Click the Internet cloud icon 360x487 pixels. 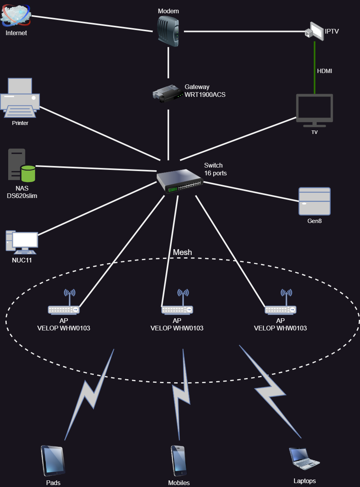click(x=15, y=15)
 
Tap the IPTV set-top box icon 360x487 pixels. click(x=315, y=31)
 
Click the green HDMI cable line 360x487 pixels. click(x=315, y=68)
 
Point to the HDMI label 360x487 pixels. click(x=324, y=71)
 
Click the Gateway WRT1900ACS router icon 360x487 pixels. click(x=168, y=94)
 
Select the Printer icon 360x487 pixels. click(x=20, y=98)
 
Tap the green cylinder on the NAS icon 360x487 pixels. click(x=28, y=174)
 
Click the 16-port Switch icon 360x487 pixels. click(x=180, y=181)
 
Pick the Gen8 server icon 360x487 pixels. click(x=315, y=202)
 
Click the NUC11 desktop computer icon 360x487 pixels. click(x=22, y=242)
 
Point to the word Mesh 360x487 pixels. click(x=182, y=252)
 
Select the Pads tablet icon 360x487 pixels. click(x=53, y=461)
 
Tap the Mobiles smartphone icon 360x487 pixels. click(x=179, y=461)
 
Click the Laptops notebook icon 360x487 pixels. click(x=304, y=458)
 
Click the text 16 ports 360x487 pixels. click(x=216, y=173)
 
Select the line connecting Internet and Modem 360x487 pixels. click(x=92, y=23)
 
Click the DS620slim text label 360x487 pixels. click(x=22, y=196)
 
